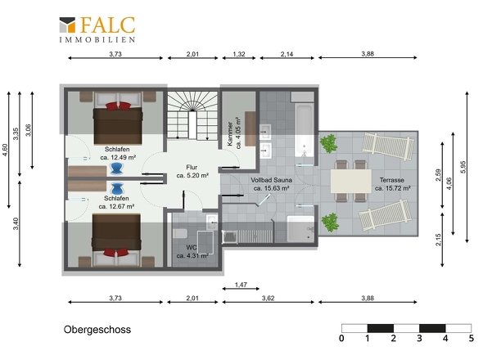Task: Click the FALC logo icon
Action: pyautogui.click(x=67, y=25)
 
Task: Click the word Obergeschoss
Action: pyautogui.click(x=97, y=330)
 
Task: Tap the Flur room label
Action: pyautogui.click(x=192, y=167)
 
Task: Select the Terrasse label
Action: pyautogui.click(x=392, y=180)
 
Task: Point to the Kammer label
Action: pyautogui.click(x=230, y=133)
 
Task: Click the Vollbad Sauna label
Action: pyautogui.click(x=271, y=180)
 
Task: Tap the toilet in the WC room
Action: pyautogui.click(x=179, y=233)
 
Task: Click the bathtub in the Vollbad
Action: pyautogui.click(x=304, y=131)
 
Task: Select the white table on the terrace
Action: pyautogui.click(x=351, y=182)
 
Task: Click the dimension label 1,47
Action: pyautogui.click(x=241, y=285)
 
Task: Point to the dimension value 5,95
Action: pyautogui.click(x=463, y=167)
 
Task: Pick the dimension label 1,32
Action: pyautogui.click(x=239, y=54)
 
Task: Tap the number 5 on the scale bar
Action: pyautogui.click(x=472, y=338)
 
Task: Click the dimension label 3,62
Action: pyautogui.click(x=268, y=298)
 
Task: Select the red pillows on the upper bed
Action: pyautogui.click(x=118, y=106)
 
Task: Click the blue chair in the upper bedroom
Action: pyautogui.click(x=116, y=169)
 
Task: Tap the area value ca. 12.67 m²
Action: pyautogui.click(x=116, y=206)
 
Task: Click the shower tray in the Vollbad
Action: pyautogui.click(x=300, y=229)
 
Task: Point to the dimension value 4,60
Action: pyautogui.click(x=5, y=150)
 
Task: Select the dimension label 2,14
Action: pyautogui.click(x=287, y=54)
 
